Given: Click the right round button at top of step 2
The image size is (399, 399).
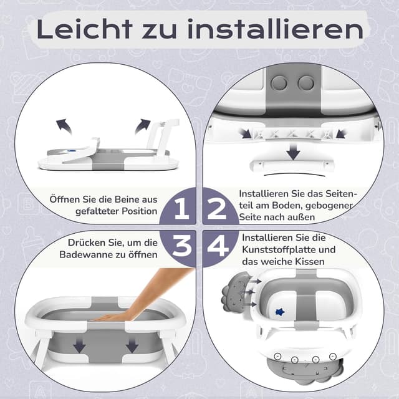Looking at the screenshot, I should tap(307, 82).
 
